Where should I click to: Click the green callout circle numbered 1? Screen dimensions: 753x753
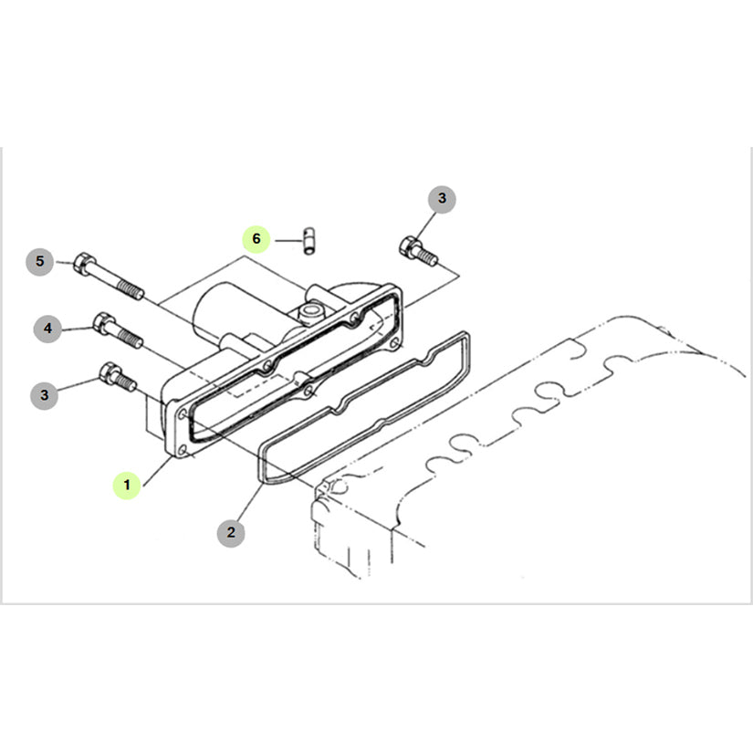(127, 485)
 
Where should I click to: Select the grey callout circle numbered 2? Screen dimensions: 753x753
(231, 532)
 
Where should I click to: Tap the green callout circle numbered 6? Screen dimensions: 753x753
(256, 238)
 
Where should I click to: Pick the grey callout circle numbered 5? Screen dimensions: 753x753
(40, 262)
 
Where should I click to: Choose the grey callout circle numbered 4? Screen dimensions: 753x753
(48, 329)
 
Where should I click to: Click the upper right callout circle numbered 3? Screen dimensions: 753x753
(442, 199)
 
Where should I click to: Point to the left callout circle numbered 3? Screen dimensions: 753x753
(44, 395)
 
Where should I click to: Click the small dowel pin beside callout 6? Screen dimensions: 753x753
(309, 242)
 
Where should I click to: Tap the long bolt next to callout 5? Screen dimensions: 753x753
(109, 277)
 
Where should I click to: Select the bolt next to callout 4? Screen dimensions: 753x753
(118, 329)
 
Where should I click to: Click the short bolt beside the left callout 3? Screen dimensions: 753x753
(118, 378)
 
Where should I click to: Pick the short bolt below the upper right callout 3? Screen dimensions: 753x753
(418, 251)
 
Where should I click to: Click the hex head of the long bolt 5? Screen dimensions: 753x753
(85, 264)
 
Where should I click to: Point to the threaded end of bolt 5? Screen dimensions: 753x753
(131, 290)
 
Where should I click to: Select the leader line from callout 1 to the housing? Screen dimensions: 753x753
(158, 471)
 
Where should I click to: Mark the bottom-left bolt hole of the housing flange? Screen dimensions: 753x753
(182, 451)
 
